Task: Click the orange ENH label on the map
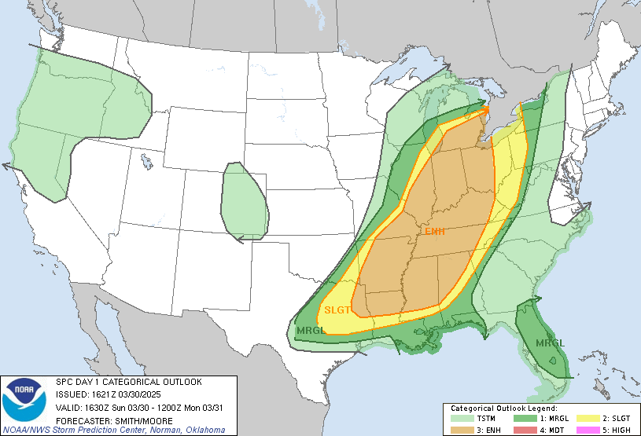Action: (x=435, y=231)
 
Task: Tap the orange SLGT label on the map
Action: (x=337, y=310)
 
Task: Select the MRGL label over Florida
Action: (x=551, y=343)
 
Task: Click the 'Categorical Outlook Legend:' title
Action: (x=503, y=409)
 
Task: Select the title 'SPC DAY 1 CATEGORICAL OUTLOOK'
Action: (x=128, y=382)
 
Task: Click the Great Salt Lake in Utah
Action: (x=146, y=163)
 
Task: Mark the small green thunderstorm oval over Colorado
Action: (x=245, y=201)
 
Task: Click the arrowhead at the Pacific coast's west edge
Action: (x=6, y=166)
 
